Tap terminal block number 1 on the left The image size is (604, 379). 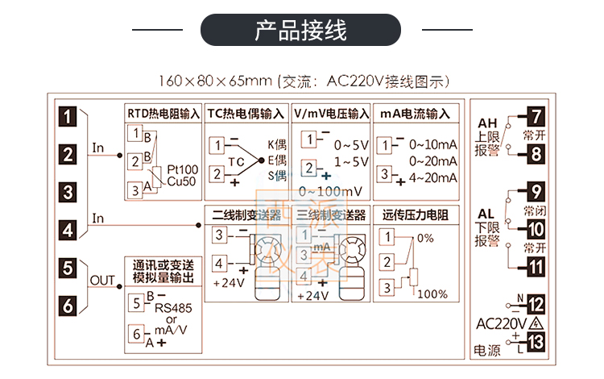coord(70,116)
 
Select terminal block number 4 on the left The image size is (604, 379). coord(70,230)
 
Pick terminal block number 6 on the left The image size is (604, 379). coord(70,305)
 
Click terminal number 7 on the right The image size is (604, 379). coord(536,115)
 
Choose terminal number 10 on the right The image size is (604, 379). coord(536,229)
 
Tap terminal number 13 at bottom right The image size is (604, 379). coord(536,342)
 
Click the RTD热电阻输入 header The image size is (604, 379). coord(162,114)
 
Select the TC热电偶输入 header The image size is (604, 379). coord(246,114)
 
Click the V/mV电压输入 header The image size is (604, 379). coord(330,114)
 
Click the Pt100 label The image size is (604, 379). coord(182,170)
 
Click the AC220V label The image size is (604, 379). coord(502,323)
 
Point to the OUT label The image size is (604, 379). coord(103,280)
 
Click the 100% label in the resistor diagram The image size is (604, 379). coord(432,294)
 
